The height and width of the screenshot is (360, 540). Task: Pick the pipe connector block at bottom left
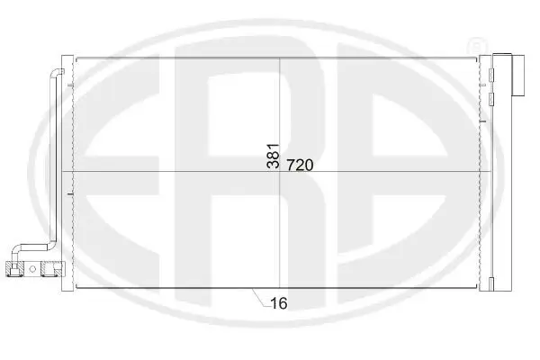(37, 267)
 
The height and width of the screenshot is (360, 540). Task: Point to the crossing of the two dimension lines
(282, 172)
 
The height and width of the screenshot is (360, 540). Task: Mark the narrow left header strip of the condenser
(71, 171)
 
